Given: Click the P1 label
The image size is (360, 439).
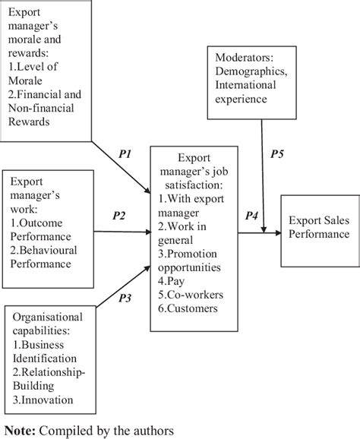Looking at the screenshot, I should click(126, 154).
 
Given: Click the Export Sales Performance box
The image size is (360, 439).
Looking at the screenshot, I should click(319, 227).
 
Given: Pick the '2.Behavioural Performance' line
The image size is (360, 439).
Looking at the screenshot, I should click(52, 257).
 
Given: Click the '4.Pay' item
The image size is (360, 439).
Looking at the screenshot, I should click(169, 280).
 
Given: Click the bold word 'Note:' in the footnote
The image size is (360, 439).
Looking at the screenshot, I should click(21, 428).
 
